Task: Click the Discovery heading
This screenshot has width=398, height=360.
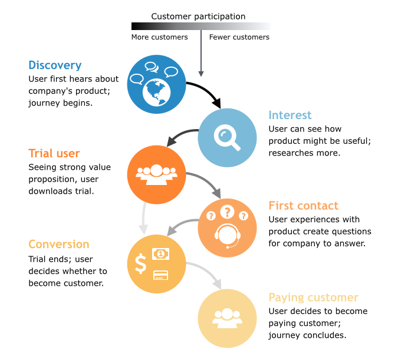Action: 55,65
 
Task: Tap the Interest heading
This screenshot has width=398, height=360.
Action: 290,115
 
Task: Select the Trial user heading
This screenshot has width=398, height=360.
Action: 54,154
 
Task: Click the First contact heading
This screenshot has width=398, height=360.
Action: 303,206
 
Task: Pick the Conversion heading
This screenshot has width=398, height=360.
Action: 59,244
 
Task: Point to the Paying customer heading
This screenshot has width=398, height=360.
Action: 313,298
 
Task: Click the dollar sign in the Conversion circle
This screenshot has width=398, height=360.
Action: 140,263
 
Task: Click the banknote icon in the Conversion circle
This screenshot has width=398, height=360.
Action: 161,254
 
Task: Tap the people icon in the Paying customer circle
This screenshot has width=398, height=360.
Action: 227,318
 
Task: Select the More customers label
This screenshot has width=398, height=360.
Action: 159,37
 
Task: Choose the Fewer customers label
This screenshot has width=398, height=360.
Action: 239,37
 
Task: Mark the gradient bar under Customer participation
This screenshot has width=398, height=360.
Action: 200,26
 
